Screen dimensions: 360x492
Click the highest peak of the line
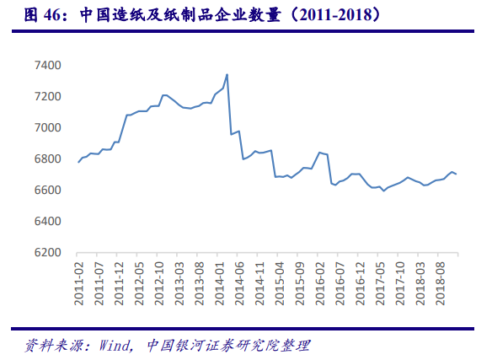pyautogui.click(x=227, y=74)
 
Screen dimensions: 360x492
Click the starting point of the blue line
pyautogui.click(x=78, y=162)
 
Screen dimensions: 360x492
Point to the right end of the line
pyautogui.click(x=457, y=174)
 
